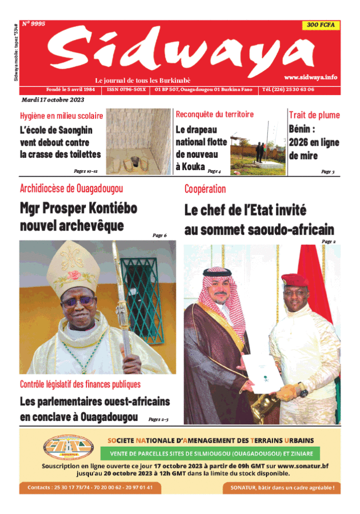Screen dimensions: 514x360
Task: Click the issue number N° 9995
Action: (x=34, y=24)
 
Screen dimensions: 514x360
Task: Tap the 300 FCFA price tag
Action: (x=320, y=25)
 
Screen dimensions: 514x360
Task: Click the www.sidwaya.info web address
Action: (x=310, y=77)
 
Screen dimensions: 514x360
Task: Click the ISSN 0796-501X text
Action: (x=127, y=89)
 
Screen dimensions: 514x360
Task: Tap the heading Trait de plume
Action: (x=313, y=115)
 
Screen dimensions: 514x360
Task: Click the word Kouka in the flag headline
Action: (x=190, y=167)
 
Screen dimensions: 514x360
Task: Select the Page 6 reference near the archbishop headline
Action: (x=159, y=235)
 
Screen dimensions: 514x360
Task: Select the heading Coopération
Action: (x=205, y=189)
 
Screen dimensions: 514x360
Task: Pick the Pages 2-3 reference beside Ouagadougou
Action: (x=158, y=419)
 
